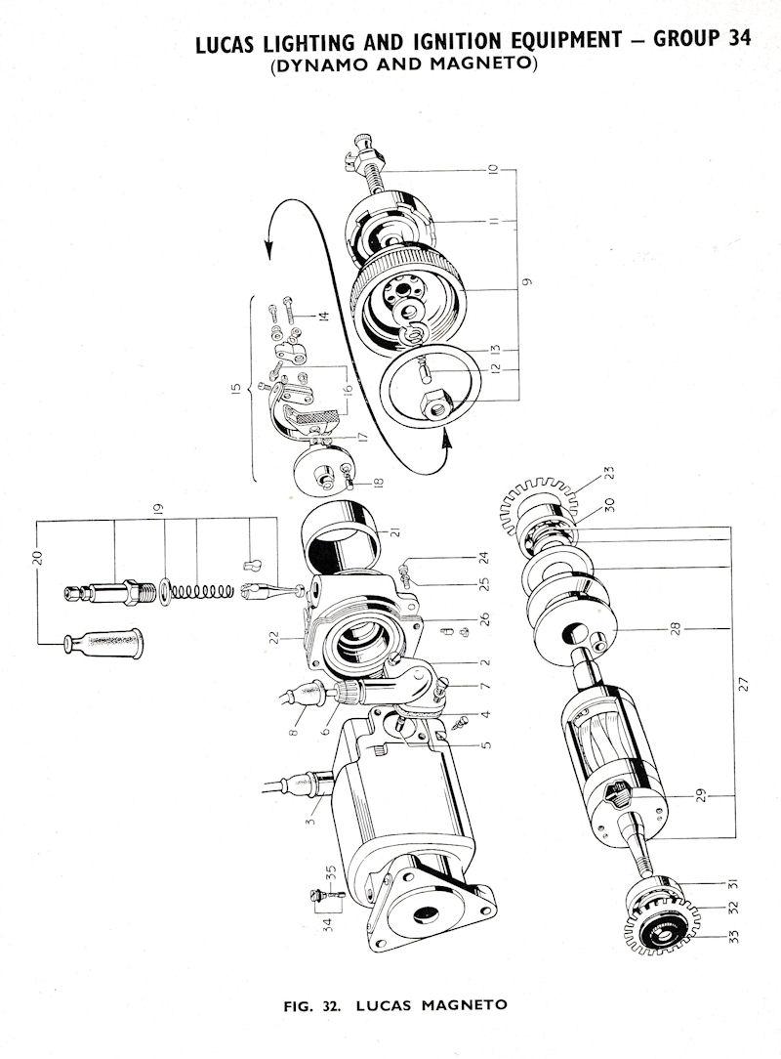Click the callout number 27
click(743, 684)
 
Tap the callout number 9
click(527, 281)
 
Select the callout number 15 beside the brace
click(235, 391)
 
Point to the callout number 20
click(38, 557)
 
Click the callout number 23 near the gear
click(610, 474)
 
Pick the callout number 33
click(734, 936)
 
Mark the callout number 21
click(395, 531)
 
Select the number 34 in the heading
click(740, 38)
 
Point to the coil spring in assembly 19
click(202, 592)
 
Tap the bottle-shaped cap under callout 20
click(103, 645)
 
